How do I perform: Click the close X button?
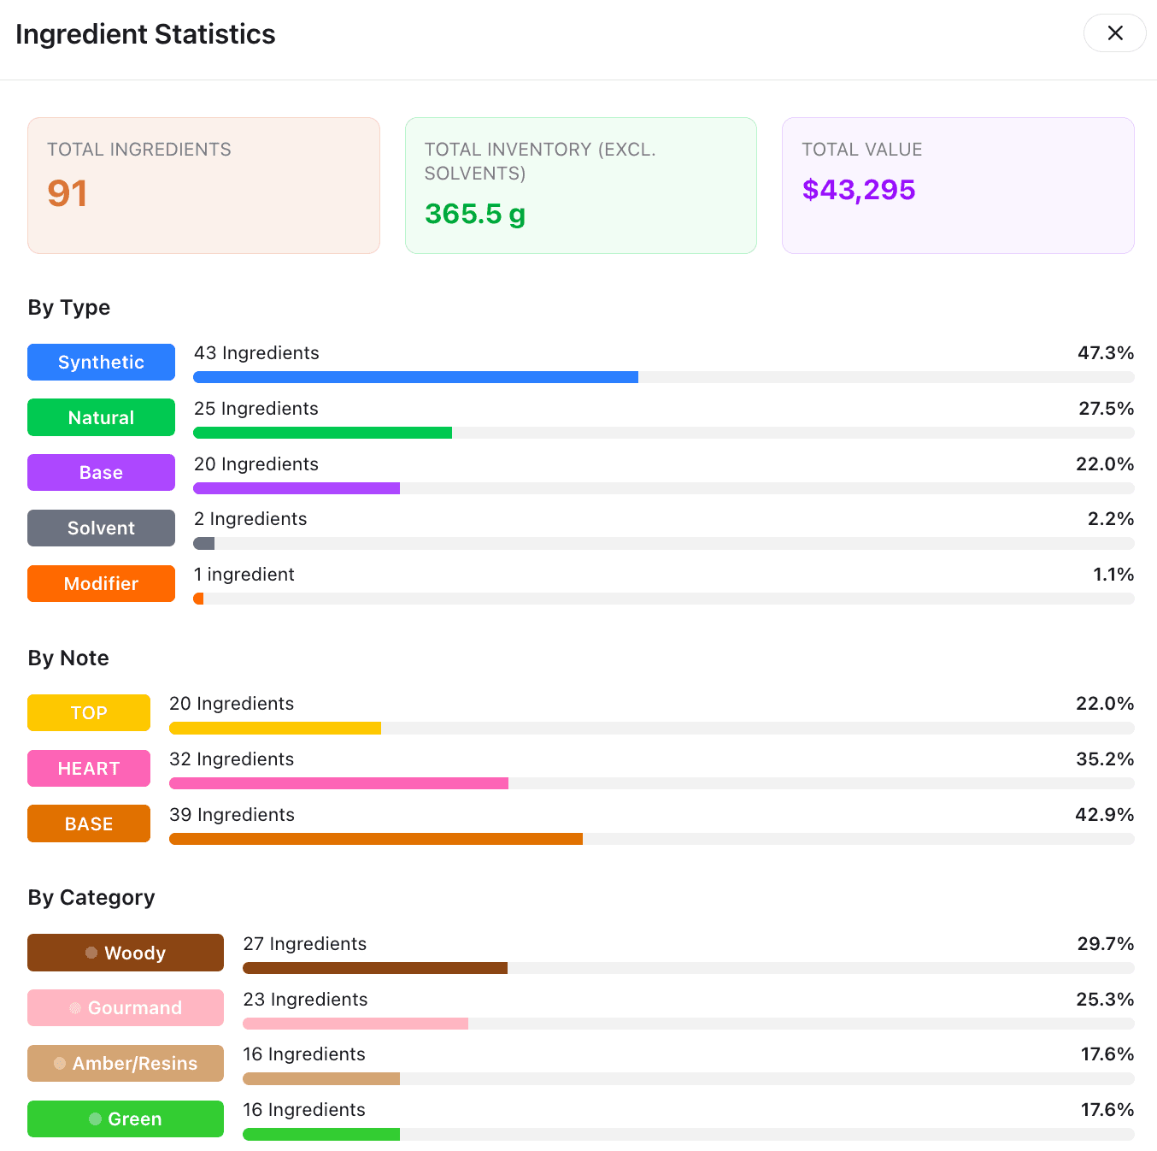pos(1114,33)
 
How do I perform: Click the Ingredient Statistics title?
pos(145,34)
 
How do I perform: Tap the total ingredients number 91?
pos(68,193)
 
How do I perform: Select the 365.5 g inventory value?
pos(475,214)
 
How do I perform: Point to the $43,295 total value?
pos(858,190)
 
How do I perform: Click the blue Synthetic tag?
pos(101,362)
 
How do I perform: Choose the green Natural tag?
pos(101,417)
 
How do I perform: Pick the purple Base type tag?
pos(101,473)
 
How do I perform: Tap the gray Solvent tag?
pos(101,528)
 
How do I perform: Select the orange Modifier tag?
pos(101,583)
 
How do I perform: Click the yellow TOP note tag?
pos(89,713)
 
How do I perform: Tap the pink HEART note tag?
pos(89,769)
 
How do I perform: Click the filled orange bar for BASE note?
pos(376,839)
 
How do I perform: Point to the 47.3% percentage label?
pos(1105,353)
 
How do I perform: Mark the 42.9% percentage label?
pos(1104,815)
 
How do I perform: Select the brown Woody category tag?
pos(126,953)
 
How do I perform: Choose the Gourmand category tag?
pos(126,1008)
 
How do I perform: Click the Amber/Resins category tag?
pos(126,1063)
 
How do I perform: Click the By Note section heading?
pos(68,658)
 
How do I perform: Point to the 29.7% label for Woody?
pos(1105,944)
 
